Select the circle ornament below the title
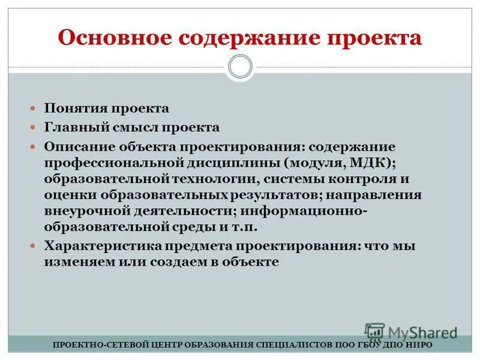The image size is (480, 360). pos(240,66)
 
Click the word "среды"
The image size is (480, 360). pos(193,227)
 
